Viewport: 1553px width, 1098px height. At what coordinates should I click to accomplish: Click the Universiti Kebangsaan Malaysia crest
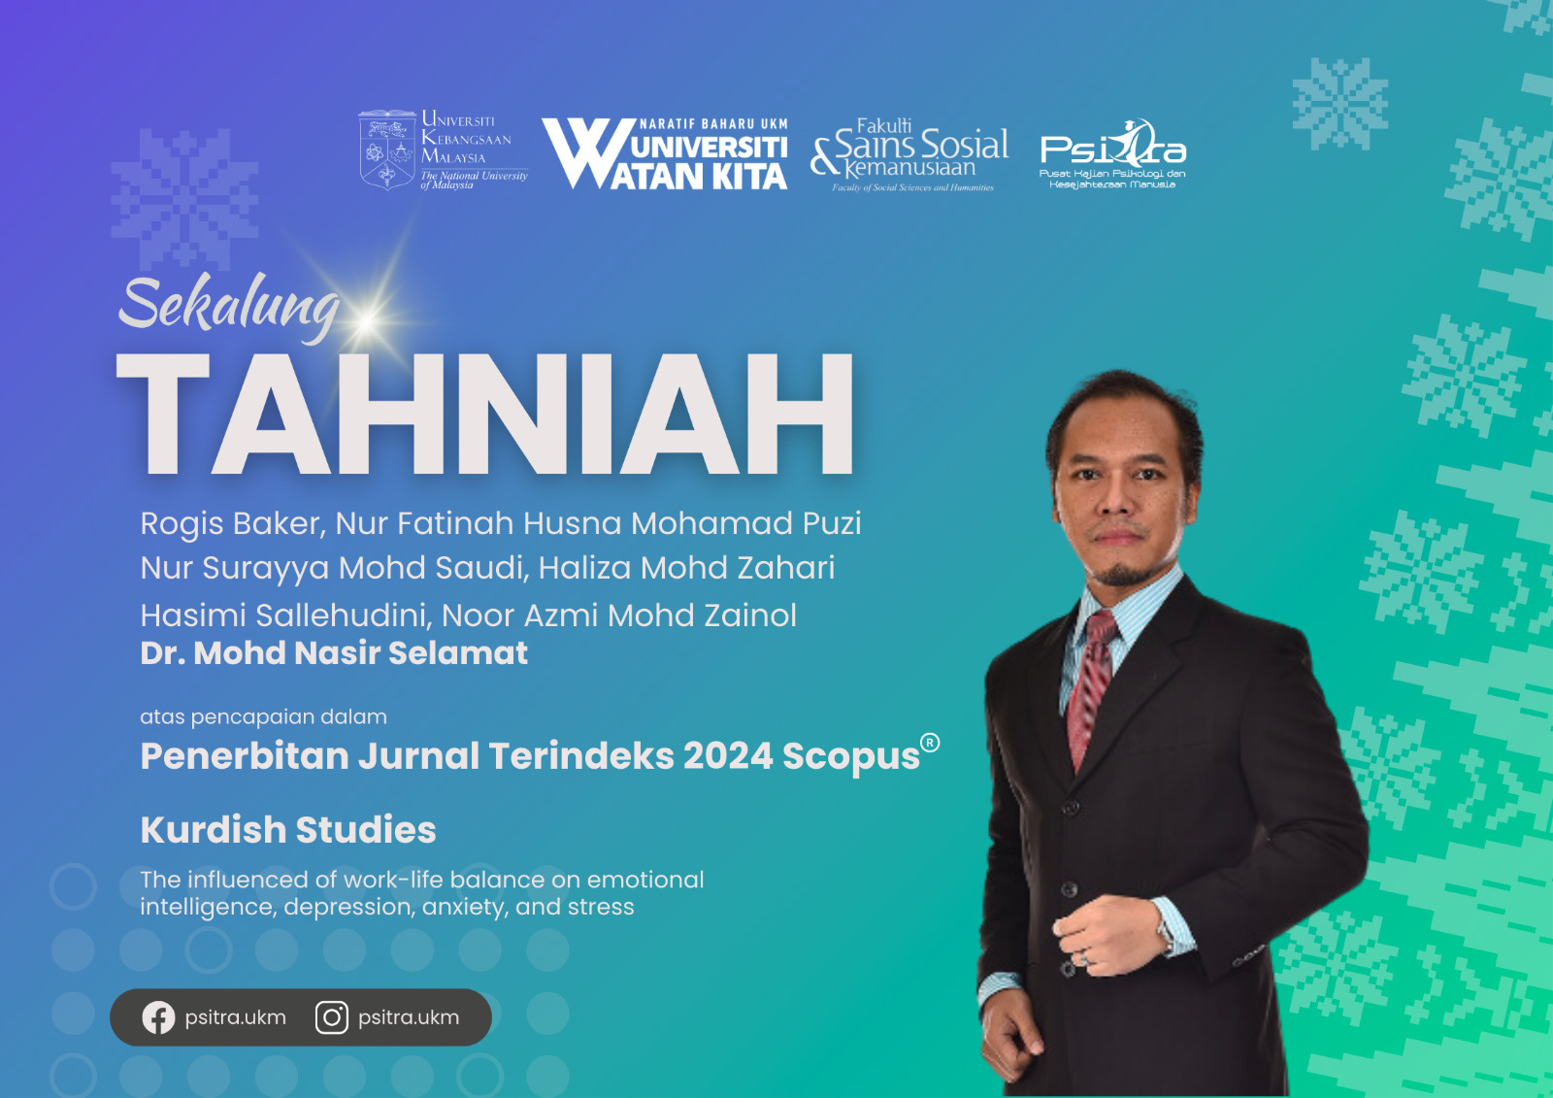387,150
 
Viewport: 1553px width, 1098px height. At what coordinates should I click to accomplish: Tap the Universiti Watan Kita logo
664,154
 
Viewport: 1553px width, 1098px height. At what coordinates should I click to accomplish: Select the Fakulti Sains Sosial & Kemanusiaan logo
909,154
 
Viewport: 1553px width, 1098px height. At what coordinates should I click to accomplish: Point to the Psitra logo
1112,154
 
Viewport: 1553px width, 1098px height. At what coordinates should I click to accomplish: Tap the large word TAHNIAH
484,415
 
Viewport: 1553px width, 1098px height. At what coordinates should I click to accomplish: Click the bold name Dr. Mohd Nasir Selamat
334,652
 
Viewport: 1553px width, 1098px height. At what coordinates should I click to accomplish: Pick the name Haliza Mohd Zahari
686,568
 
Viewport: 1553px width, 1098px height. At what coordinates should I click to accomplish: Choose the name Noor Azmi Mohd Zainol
619,616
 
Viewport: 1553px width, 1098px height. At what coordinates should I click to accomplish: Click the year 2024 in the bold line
727,755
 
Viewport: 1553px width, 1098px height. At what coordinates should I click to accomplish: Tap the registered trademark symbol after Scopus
930,743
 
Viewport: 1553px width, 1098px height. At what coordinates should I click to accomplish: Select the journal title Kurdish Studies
287,830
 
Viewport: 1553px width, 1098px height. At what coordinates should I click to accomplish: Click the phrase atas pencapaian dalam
263,716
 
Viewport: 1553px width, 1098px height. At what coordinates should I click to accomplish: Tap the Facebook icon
159,1017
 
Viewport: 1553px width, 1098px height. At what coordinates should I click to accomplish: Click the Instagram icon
332,1017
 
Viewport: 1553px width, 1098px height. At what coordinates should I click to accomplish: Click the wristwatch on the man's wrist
1165,934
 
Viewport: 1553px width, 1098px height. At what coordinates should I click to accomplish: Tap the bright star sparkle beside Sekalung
368,320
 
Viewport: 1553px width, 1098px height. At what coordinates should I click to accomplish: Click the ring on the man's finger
1084,958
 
